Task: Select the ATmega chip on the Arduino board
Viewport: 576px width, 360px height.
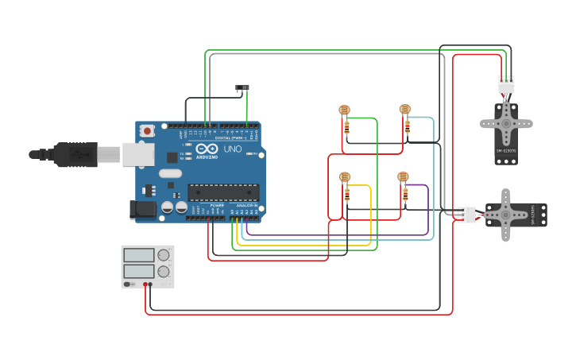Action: pyautogui.click(x=223, y=192)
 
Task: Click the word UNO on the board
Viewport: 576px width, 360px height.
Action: pyautogui.click(x=233, y=149)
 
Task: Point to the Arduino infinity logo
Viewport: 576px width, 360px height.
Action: pyautogui.click(x=207, y=149)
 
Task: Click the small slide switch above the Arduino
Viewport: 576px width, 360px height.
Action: pyautogui.click(x=244, y=87)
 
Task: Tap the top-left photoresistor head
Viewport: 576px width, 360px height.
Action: pyautogui.click(x=344, y=110)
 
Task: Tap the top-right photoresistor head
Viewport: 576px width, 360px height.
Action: pyautogui.click(x=404, y=109)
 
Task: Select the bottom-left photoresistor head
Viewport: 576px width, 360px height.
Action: pyautogui.click(x=344, y=177)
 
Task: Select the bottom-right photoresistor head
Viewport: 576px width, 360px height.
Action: pyautogui.click(x=403, y=177)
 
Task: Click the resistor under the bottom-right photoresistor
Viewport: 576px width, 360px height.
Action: pyautogui.click(x=406, y=192)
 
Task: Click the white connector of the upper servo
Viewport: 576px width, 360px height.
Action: pyautogui.click(x=506, y=83)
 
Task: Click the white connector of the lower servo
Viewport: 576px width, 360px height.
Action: pyautogui.click(x=466, y=215)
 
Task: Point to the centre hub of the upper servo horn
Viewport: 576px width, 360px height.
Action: pyautogui.click(x=506, y=123)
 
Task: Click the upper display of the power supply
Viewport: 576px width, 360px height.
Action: pyautogui.click(x=139, y=255)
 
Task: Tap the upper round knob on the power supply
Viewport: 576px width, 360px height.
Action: pyautogui.click(x=164, y=255)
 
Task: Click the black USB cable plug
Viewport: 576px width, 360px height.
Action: pyautogui.click(x=75, y=154)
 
